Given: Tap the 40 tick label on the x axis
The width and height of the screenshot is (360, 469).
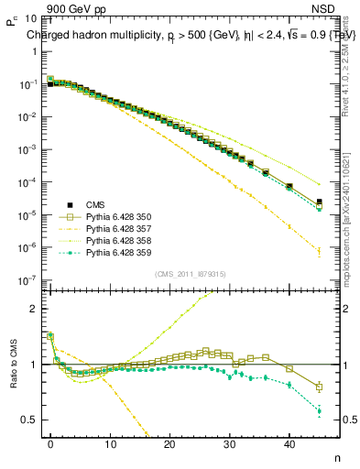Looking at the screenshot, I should [x=289, y=442].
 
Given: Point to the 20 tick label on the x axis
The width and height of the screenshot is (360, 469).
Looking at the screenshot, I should [x=169, y=442].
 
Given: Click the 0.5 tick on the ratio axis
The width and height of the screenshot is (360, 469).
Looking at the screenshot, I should [x=28, y=420].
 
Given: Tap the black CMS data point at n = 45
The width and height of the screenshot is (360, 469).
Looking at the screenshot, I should [x=319, y=202].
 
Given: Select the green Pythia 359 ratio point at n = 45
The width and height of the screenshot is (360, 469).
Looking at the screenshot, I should [x=319, y=411].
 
